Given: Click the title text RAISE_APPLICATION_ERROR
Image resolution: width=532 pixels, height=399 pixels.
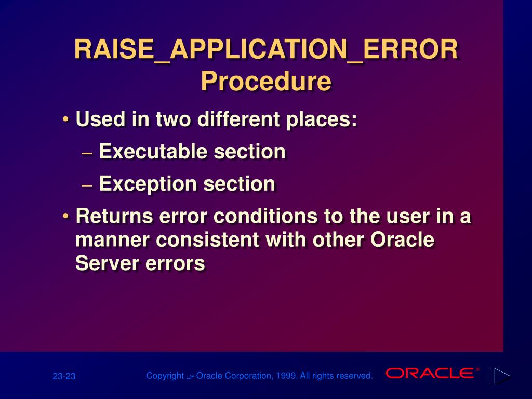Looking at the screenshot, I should click(x=266, y=50).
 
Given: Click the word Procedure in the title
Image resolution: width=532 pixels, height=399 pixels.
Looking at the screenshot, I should click(x=266, y=82).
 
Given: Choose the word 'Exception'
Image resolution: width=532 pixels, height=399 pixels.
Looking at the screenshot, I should click(x=148, y=184).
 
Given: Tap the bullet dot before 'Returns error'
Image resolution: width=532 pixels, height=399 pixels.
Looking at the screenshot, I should click(x=65, y=216).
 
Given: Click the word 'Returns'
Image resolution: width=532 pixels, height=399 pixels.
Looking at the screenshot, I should click(x=114, y=216).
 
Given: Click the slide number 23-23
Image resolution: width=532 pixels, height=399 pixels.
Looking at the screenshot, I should click(x=64, y=376).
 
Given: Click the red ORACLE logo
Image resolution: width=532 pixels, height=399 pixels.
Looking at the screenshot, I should click(x=430, y=373).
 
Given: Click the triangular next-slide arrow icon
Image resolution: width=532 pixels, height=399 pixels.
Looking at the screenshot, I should click(x=502, y=376).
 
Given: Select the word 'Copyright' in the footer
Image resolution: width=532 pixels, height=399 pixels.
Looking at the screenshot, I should click(x=165, y=376).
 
